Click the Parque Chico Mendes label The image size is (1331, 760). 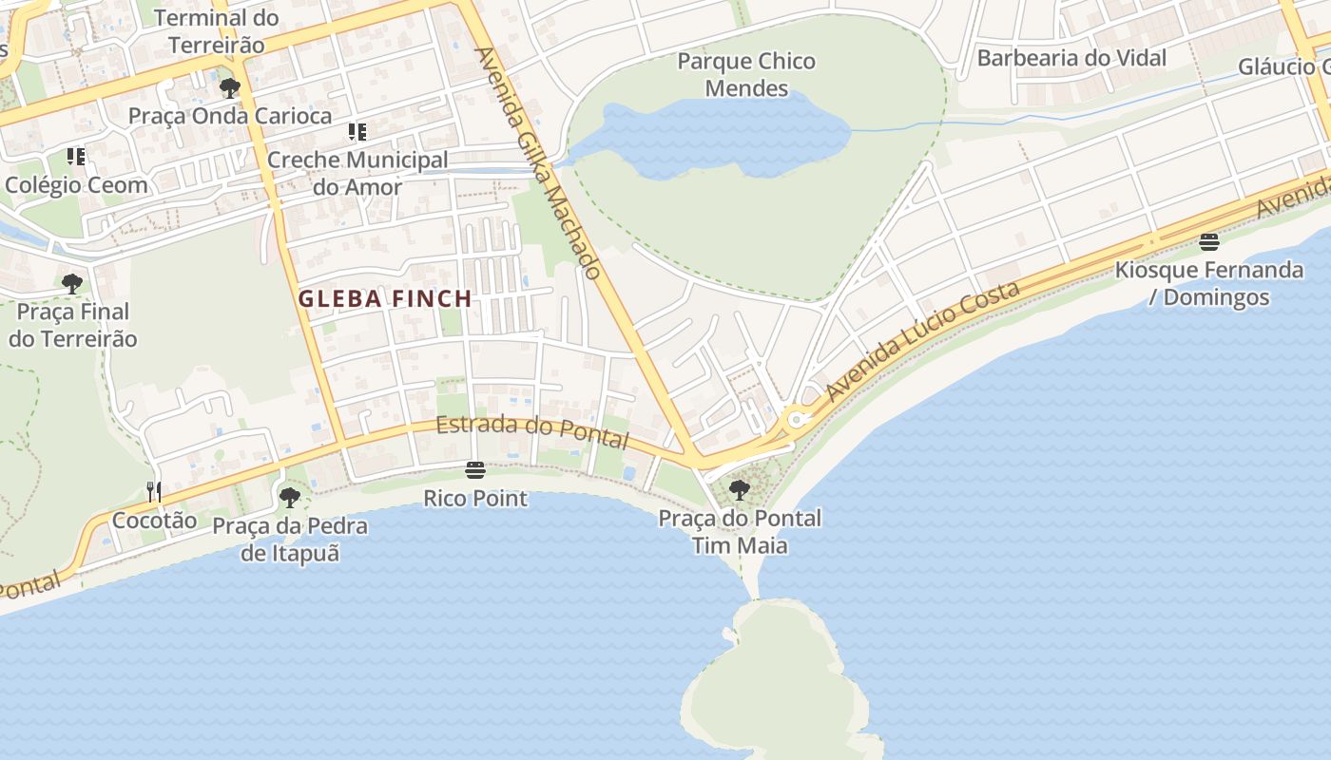pyautogui.click(x=746, y=75)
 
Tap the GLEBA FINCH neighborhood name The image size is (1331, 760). pyautogui.click(x=385, y=298)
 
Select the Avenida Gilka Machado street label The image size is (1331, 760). pyautogui.click(x=537, y=163)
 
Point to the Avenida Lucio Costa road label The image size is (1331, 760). pyautogui.click(x=922, y=340)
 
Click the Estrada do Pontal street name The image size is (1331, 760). pyautogui.click(x=532, y=432)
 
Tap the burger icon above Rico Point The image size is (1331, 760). pyautogui.click(x=475, y=469)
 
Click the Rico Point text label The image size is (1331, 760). pyautogui.click(x=475, y=499)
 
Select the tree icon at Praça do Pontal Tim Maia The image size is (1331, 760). pyautogui.click(x=740, y=490)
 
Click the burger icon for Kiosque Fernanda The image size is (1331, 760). pyautogui.click(x=1209, y=241)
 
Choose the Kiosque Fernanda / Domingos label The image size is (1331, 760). pyautogui.click(x=1209, y=283)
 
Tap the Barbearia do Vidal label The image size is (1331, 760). pyautogui.click(x=1071, y=58)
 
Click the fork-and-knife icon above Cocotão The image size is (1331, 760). pyautogui.click(x=153, y=491)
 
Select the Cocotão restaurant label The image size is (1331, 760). pyautogui.click(x=154, y=521)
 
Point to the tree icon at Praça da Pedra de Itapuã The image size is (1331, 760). pyautogui.click(x=290, y=497)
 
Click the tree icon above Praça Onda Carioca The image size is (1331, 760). pyautogui.click(x=229, y=88)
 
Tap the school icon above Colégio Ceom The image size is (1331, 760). pyautogui.click(x=76, y=156)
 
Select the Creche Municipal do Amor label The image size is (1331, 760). pyautogui.click(x=357, y=173)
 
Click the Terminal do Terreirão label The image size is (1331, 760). pyautogui.click(x=217, y=31)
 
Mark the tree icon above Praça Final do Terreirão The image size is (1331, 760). pyautogui.click(x=71, y=283)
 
